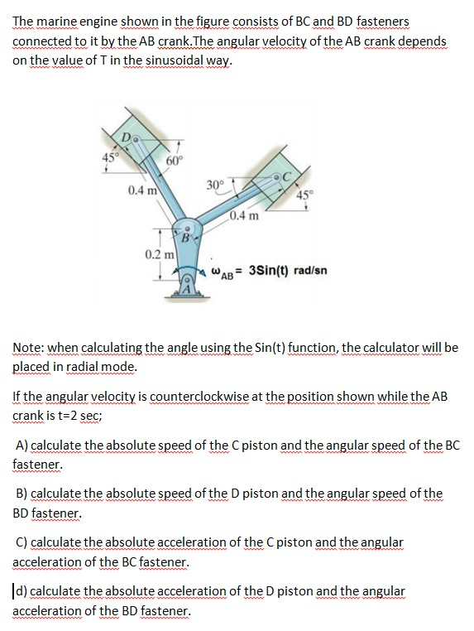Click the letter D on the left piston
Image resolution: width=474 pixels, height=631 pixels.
click(127, 136)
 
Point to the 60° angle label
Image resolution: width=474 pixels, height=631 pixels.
click(175, 160)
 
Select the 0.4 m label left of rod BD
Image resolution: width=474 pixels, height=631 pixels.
click(144, 191)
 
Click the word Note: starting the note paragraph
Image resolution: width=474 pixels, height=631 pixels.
click(31, 349)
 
